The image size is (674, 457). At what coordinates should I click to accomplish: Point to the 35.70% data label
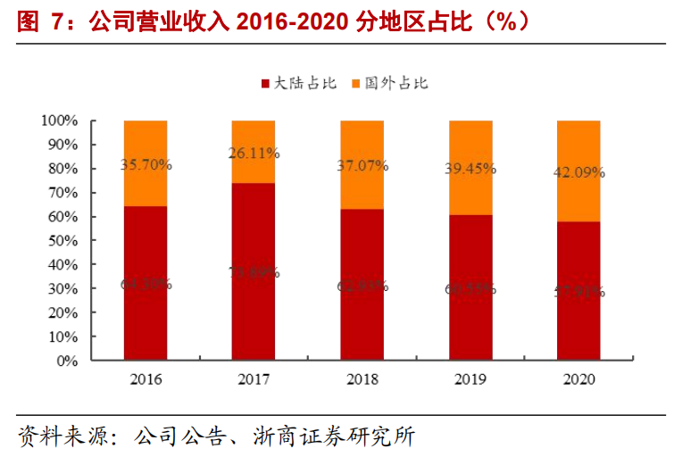146,164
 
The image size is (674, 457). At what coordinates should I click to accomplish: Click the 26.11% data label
254,153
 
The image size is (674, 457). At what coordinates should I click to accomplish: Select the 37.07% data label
362,166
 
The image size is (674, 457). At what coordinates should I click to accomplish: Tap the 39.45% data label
470,169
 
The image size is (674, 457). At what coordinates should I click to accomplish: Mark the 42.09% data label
578,172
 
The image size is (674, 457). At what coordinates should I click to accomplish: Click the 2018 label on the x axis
362,379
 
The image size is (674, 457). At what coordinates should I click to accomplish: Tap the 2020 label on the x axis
578,379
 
